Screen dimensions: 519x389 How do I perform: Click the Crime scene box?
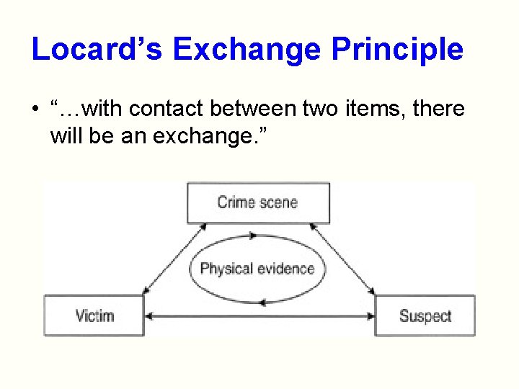pyautogui.click(x=257, y=202)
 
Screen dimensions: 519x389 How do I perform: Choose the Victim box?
pyautogui.click(x=94, y=316)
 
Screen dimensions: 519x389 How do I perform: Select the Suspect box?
pyautogui.click(x=425, y=316)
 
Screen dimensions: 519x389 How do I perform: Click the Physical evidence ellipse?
pyautogui.click(x=257, y=269)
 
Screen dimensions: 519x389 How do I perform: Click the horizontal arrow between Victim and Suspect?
pyautogui.click(x=259, y=316)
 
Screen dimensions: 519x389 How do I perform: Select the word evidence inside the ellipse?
pyautogui.click(x=286, y=269)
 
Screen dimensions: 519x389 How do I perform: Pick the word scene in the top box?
pyautogui.click(x=278, y=202)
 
